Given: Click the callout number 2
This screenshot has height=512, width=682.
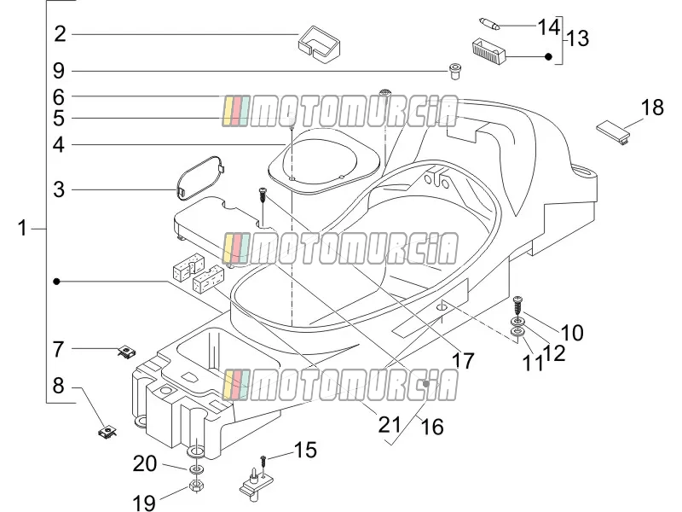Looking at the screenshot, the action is (60, 34).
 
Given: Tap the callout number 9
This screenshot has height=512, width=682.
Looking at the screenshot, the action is (59, 71).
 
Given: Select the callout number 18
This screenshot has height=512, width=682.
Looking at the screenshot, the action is (652, 108).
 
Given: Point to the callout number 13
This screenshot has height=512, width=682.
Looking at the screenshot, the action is (578, 38).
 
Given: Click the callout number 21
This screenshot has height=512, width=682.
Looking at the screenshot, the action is (390, 424).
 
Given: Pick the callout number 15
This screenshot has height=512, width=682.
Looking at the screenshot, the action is (306, 451).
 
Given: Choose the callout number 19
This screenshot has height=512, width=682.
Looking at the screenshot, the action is (143, 503).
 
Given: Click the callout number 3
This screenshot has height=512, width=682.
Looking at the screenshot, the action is (59, 189).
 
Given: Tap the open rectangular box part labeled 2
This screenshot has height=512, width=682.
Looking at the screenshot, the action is (319, 45).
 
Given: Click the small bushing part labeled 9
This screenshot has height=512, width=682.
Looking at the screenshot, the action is (455, 72).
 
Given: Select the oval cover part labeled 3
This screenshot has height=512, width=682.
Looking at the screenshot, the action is (200, 177).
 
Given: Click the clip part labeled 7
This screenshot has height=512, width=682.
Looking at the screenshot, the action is (126, 352).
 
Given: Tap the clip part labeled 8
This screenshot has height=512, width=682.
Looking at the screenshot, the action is (107, 432).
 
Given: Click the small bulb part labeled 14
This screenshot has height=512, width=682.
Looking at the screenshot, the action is (489, 23).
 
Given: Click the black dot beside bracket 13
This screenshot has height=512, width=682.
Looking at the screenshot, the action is (548, 56).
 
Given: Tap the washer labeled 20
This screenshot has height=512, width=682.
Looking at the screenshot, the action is (196, 470).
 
